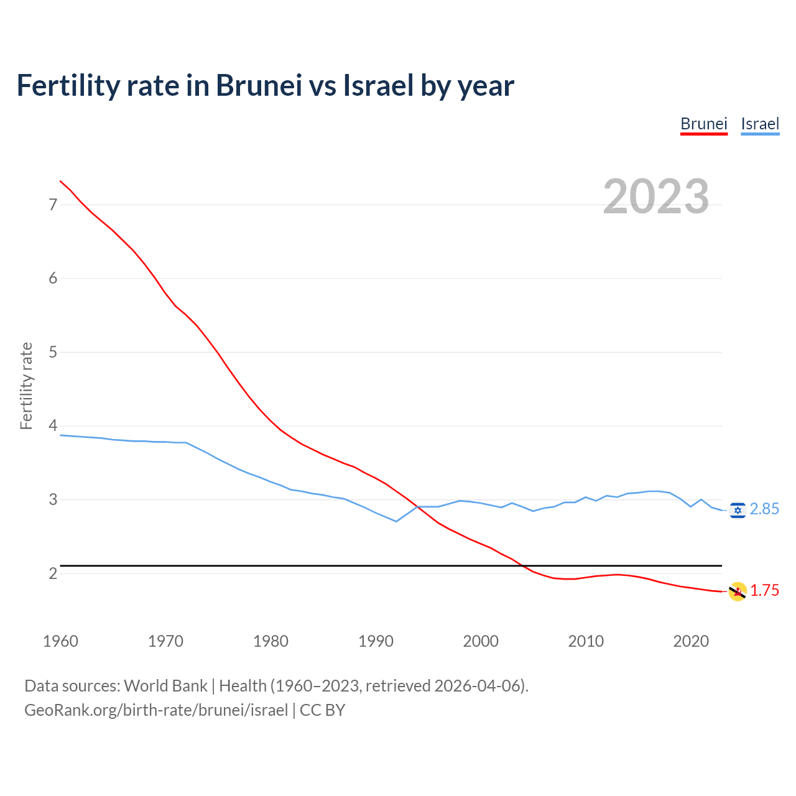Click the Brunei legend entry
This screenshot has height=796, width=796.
point(703,124)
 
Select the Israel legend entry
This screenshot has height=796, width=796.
point(760,124)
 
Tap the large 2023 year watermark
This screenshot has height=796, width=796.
point(656,197)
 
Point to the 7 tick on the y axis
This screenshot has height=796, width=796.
point(53,205)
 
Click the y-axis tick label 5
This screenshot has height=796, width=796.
point(53,352)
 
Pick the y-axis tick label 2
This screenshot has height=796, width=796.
point(53,573)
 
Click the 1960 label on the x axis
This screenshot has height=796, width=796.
point(60,641)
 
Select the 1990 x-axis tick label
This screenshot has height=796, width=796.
point(376,641)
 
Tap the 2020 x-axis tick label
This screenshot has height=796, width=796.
point(691,641)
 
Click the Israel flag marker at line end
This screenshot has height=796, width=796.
point(738,510)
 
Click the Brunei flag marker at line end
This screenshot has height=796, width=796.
point(738,591)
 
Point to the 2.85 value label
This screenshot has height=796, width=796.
point(764,509)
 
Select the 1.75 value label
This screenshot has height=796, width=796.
point(764,591)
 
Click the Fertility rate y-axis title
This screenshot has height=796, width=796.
point(26,386)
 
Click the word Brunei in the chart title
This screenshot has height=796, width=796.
point(258,85)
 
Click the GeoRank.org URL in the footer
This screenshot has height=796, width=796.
point(156,710)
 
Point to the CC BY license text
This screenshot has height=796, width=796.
point(322,710)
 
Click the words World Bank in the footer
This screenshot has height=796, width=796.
point(165,686)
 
